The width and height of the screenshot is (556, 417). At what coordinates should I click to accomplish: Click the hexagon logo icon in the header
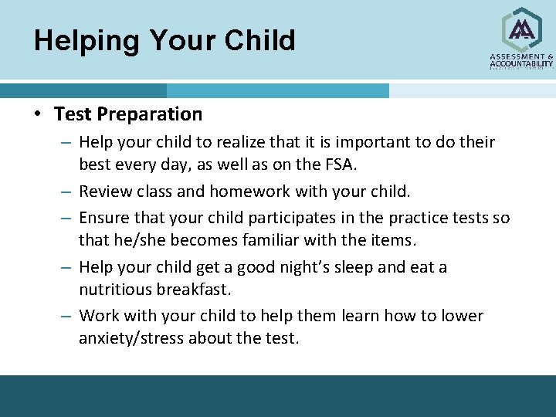point(522,29)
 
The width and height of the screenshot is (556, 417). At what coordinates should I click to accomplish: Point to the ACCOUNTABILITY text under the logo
point(522,64)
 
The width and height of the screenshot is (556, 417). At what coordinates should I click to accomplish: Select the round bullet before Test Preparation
point(37,115)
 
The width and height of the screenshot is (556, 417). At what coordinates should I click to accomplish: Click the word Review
point(104,191)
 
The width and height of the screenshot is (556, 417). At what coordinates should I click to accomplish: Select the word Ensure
point(104,218)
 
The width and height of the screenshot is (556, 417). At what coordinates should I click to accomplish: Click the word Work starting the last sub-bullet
point(99,316)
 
